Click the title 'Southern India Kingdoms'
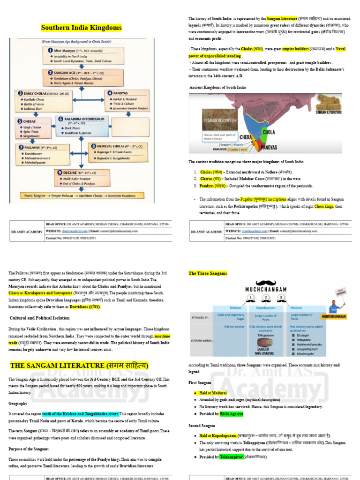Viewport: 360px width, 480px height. click(x=82, y=28)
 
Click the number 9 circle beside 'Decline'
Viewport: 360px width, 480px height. click(x=60, y=172)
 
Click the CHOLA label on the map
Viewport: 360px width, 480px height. click(x=269, y=132)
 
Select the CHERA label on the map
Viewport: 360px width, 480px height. click(x=246, y=137)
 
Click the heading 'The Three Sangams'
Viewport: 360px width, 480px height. click(x=208, y=273)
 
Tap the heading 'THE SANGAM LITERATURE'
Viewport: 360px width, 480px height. click(x=79, y=365)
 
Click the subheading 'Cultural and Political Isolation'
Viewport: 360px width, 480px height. click(x=41, y=317)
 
